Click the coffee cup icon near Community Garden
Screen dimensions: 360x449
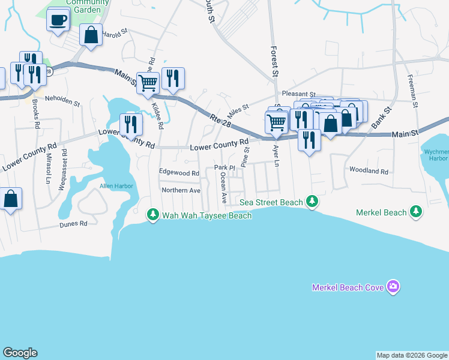coord(58,20)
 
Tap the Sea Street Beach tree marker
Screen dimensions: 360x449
coord(312,201)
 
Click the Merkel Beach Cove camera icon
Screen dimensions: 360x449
coord(393,287)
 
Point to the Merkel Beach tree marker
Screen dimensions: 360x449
coord(415,212)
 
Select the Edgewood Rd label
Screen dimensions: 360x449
coord(179,173)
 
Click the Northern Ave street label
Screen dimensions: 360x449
coord(181,190)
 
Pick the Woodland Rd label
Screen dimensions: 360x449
coord(369,171)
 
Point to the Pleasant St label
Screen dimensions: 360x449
coord(298,95)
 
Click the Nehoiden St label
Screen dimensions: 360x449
coord(62,103)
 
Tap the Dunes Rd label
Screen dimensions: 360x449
coord(73,224)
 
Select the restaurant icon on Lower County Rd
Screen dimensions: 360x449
coord(131,124)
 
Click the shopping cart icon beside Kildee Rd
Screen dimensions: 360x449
coord(147,82)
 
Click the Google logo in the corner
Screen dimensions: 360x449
coord(20,353)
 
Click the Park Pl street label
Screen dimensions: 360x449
coord(223,167)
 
